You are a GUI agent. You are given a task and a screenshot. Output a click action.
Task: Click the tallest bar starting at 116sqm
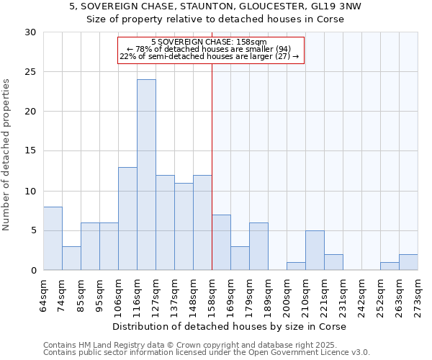tap(146, 175)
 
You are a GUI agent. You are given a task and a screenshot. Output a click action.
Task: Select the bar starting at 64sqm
tap(53, 238)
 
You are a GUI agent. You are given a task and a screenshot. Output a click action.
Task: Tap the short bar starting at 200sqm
tap(296, 266)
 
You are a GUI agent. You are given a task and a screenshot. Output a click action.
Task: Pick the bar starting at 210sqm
tap(315, 251)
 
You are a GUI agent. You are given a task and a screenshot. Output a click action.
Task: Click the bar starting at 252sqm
tap(390, 266)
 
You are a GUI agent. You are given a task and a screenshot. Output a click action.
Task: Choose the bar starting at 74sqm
tap(71, 258)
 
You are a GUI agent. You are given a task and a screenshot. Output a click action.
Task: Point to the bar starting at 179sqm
tap(258, 246)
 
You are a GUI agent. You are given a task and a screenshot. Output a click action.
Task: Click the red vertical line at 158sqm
tap(212, 166)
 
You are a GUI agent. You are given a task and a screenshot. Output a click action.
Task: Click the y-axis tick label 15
tap(30, 151)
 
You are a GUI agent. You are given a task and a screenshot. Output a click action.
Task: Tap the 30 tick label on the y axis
tap(30, 32)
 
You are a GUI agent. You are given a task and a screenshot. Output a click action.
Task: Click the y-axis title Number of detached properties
tap(7, 155)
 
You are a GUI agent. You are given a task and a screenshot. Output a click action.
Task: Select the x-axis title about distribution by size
tap(230, 327)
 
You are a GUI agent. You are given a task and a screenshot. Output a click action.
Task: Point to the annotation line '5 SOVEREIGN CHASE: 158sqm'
tap(210, 42)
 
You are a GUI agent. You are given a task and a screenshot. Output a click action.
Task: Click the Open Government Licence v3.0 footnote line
tap(207, 353)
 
